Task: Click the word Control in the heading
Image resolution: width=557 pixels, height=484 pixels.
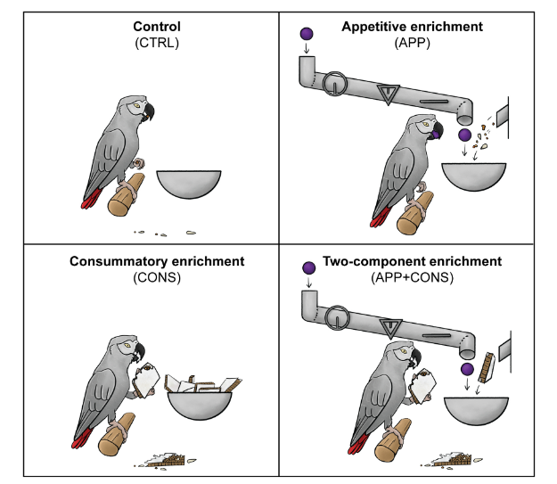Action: pyautogui.click(x=157, y=27)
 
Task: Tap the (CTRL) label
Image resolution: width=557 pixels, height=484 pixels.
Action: pyautogui.click(x=157, y=43)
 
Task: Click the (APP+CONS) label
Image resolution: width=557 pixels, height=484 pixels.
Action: pyautogui.click(x=412, y=277)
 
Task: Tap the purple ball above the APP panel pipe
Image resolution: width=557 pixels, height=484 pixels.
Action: pyautogui.click(x=307, y=34)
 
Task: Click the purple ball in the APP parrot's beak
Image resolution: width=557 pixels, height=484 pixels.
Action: pyautogui.click(x=434, y=135)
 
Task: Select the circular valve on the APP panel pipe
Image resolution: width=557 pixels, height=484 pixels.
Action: pyautogui.click(x=334, y=84)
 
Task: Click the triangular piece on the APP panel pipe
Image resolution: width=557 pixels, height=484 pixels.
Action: pyautogui.click(x=389, y=94)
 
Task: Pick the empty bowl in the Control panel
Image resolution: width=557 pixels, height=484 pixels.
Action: pyautogui.click(x=189, y=185)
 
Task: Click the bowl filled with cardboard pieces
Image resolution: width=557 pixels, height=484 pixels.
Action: pyautogui.click(x=200, y=397)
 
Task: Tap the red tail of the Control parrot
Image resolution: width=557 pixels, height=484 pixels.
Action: pyautogui.click(x=91, y=199)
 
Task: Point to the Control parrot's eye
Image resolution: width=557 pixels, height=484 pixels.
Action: pyautogui.click(x=135, y=105)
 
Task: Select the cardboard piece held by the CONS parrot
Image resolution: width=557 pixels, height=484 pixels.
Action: pyautogui.click(x=145, y=380)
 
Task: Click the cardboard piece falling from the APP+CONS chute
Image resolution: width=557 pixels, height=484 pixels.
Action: pyautogui.click(x=486, y=367)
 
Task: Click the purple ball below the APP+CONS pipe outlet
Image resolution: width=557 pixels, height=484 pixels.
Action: pyautogui.click(x=467, y=370)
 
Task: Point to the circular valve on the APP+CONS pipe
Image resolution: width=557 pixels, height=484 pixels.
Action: pyautogui.click(x=337, y=317)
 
